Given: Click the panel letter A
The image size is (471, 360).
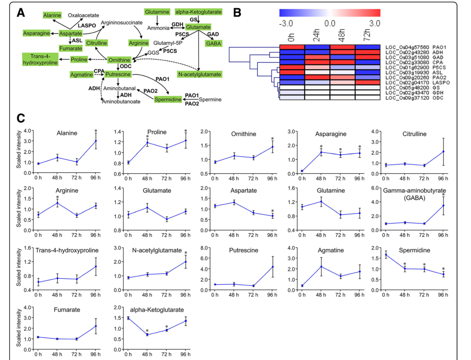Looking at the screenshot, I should coord(20,13).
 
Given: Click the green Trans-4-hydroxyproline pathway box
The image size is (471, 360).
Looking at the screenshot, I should coord(40,59).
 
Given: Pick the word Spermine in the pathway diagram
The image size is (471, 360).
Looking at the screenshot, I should coord(210,99).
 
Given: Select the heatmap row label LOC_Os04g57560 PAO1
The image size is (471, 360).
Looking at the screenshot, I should coord(416,47).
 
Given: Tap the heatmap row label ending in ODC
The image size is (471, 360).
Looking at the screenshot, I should coord(416,98).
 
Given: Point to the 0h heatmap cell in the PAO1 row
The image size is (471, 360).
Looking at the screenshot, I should coord(292,47).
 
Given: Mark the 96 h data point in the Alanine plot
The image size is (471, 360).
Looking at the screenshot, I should coord(96,141).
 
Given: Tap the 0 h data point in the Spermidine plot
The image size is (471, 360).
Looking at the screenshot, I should coord(386,255).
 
